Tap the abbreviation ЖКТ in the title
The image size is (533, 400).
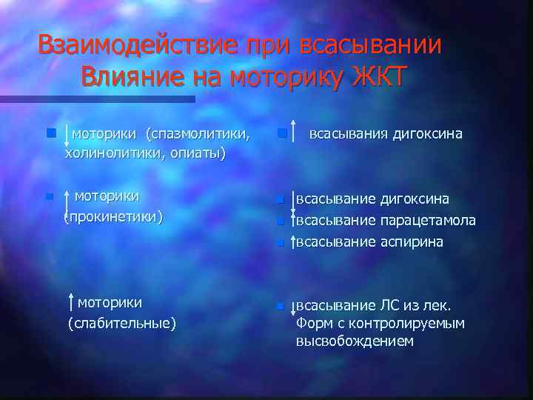click(x=372, y=76)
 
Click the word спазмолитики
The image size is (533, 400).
click(x=198, y=134)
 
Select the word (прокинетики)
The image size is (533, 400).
click(x=113, y=217)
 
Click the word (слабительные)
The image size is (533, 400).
click(x=122, y=323)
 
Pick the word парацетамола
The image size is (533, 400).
click(x=429, y=221)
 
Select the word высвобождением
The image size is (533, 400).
click(x=355, y=341)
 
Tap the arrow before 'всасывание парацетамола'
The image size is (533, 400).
click(x=294, y=221)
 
